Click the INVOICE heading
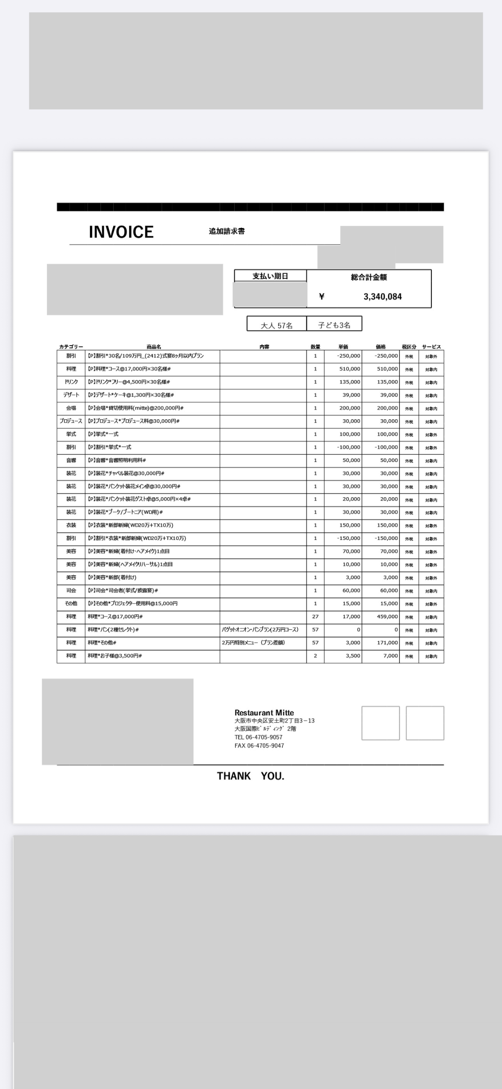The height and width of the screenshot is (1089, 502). click(x=121, y=232)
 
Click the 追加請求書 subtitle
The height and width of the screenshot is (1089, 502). click(x=227, y=231)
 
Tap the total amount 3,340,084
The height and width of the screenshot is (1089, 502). click(x=382, y=297)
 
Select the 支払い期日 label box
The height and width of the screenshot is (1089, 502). click(x=270, y=276)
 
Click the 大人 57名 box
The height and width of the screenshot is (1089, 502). click(x=276, y=325)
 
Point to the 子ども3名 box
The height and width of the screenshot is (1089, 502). click(x=334, y=325)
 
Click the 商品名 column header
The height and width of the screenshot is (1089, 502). click(x=154, y=347)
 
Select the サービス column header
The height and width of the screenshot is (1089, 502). click(x=431, y=347)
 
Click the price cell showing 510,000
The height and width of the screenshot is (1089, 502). click(x=387, y=369)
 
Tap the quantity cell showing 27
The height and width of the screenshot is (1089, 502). click(x=315, y=617)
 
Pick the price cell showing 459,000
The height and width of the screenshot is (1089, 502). click(x=387, y=617)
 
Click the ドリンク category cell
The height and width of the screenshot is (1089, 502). click(x=71, y=382)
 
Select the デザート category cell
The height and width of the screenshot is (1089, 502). click(x=71, y=395)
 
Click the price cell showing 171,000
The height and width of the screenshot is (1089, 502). click(x=387, y=642)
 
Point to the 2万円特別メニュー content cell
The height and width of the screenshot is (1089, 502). click(x=253, y=642)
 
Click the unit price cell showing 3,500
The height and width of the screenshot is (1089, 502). click(x=353, y=656)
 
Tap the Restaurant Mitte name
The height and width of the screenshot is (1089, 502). click(x=264, y=712)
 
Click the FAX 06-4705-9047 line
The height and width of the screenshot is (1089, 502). click(x=259, y=746)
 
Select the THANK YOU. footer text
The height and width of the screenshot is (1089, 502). click(x=250, y=776)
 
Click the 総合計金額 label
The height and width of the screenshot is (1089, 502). click(x=369, y=277)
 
